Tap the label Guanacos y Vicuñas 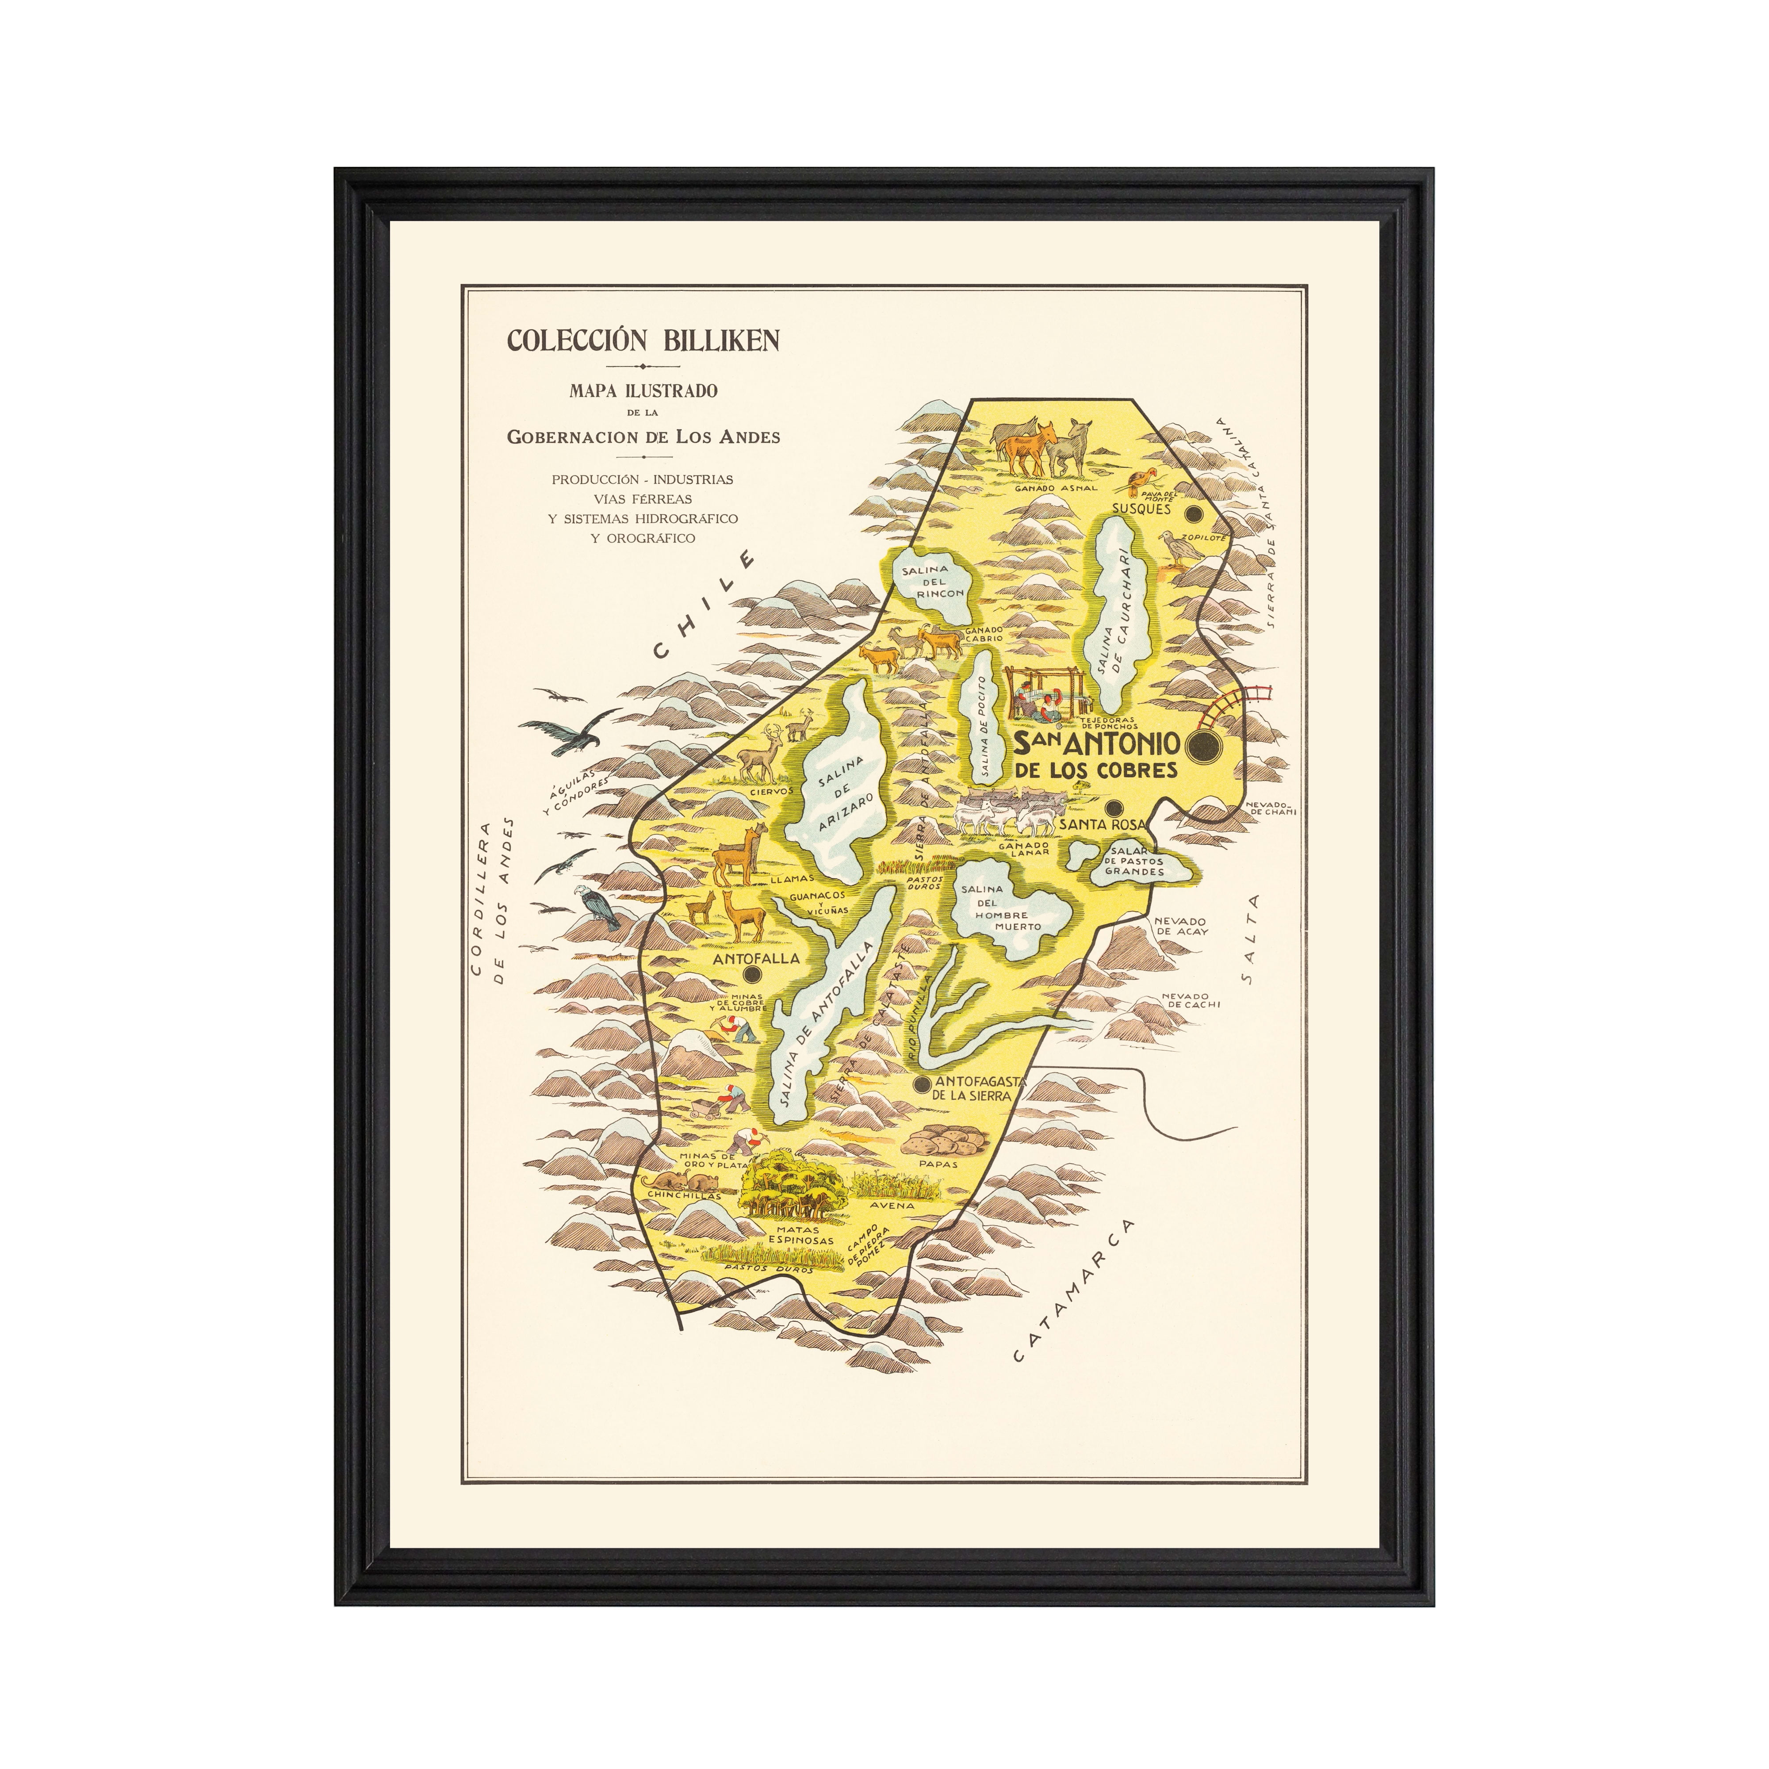point(818,903)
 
